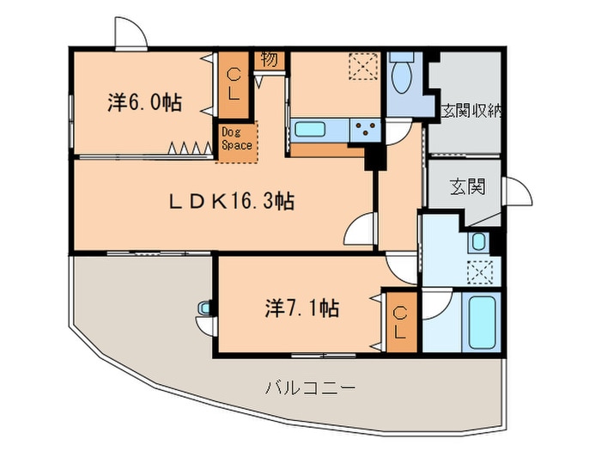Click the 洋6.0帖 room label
click(144, 103)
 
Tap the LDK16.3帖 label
click(231, 203)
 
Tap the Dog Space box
click(236, 138)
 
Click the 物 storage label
click(269, 60)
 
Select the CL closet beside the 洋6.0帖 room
click(234, 85)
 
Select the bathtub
click(482, 321)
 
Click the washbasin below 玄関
click(478, 241)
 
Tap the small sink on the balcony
click(203, 307)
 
